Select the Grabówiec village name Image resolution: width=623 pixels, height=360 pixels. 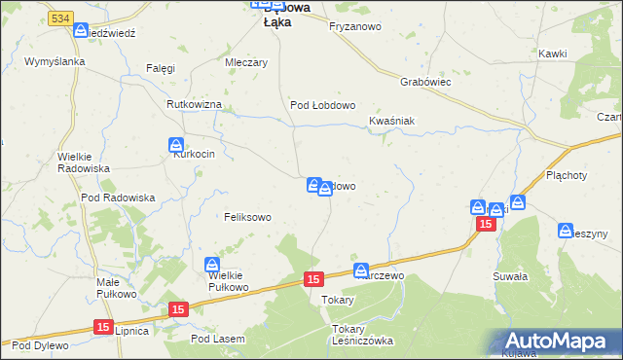tap(423, 83)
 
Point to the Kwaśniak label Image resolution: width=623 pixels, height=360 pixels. tap(392, 121)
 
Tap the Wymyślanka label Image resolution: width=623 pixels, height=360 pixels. tap(55, 61)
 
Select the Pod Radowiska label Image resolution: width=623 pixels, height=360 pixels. tap(119, 198)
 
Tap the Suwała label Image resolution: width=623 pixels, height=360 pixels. tap(510, 276)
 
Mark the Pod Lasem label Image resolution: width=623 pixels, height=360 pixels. tap(218, 339)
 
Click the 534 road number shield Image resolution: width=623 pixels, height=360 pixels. tap(60, 18)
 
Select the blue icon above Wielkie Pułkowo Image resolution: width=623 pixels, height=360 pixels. tap(212, 265)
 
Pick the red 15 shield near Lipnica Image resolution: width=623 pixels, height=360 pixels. tap(103, 329)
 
